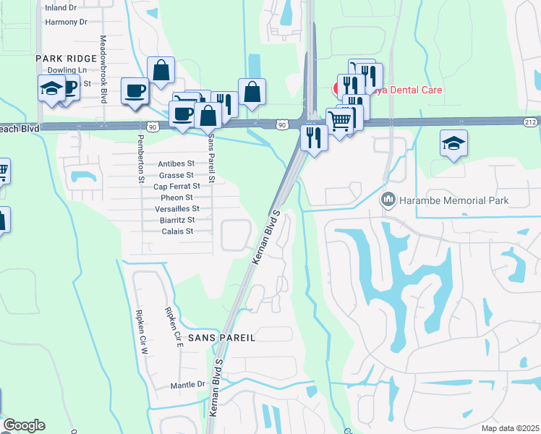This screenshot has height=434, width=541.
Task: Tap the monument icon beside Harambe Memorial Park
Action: (388, 199)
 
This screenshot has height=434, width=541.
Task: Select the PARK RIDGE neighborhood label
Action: (67, 59)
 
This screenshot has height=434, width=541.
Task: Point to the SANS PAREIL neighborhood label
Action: (221, 338)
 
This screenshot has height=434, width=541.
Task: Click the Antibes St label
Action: (176, 163)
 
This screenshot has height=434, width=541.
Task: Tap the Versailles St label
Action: (176, 208)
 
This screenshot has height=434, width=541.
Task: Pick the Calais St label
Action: (177, 231)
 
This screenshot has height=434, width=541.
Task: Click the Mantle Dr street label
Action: (188, 386)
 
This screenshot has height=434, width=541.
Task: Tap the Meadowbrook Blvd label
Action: (103, 69)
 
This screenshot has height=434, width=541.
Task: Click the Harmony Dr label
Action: (61, 22)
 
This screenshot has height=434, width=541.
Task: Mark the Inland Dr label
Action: (61, 8)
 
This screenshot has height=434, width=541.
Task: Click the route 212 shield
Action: (531, 122)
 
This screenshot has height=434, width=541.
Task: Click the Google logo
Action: (24, 425)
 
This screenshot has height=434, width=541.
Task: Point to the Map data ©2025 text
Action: (510, 428)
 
